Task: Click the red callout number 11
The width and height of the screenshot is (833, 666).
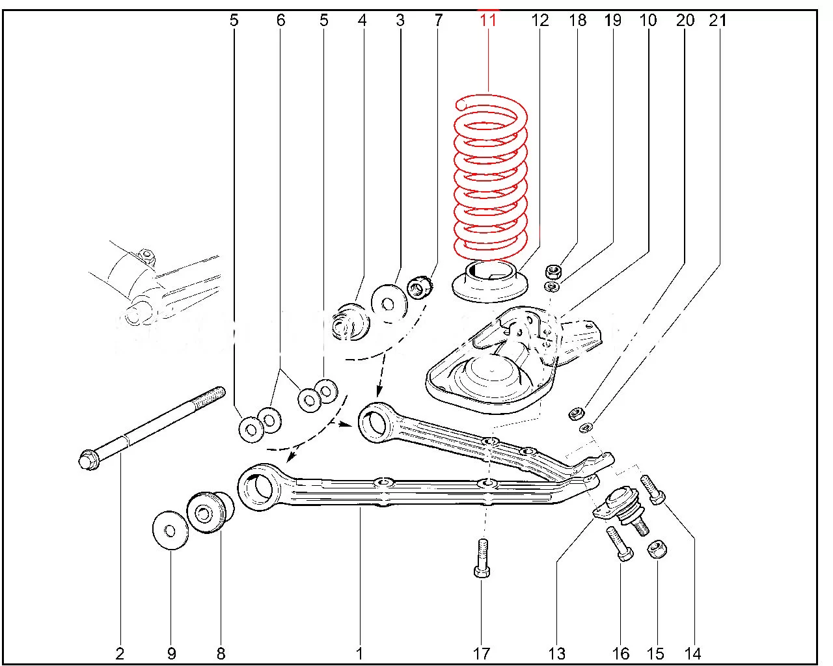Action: [488, 20]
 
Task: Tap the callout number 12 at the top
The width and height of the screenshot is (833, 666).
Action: [540, 20]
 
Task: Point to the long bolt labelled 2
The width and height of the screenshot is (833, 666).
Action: [150, 426]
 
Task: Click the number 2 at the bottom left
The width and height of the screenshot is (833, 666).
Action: [120, 653]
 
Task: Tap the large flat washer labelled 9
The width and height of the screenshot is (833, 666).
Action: [170, 531]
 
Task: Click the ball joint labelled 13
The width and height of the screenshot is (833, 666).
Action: [623, 505]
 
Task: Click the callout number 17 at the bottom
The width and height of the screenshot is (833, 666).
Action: [481, 653]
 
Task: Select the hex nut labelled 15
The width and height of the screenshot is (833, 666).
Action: [656, 549]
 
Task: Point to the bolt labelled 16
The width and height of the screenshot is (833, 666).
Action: [619, 544]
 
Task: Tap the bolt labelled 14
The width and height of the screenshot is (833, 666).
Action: [653, 489]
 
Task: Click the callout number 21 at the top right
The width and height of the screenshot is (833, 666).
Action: [717, 20]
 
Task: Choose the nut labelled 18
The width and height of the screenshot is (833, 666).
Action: [553, 270]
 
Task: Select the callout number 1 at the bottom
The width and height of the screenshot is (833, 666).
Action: [359, 653]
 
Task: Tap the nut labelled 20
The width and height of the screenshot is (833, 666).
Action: [576, 412]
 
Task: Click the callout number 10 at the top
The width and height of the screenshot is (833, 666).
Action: [648, 20]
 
